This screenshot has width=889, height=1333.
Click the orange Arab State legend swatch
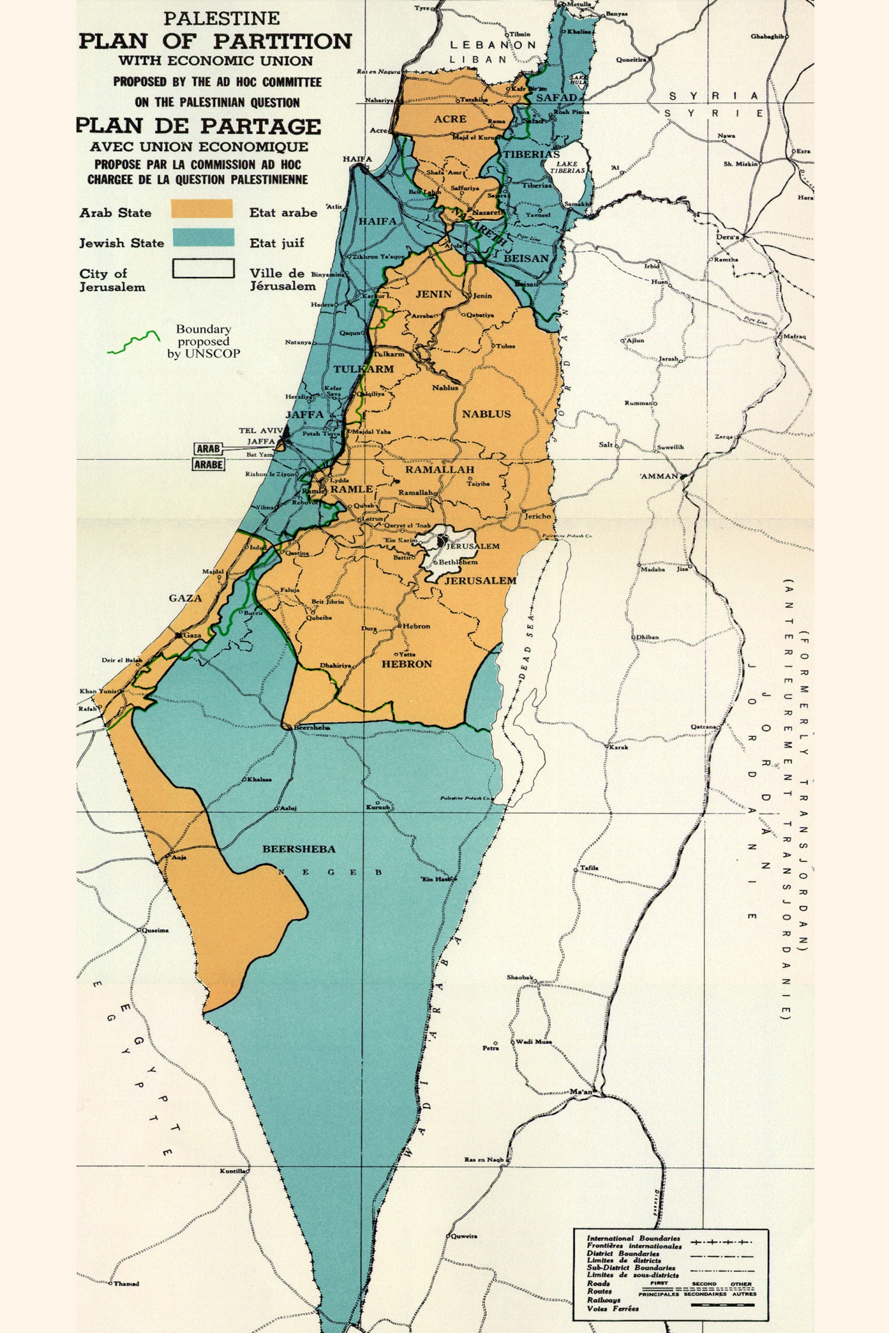(201, 209)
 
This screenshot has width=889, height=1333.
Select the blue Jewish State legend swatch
(203, 238)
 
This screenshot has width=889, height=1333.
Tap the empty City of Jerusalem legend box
(203, 269)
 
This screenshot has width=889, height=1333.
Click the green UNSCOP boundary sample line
(134, 343)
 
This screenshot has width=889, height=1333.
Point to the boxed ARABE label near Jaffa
(209, 465)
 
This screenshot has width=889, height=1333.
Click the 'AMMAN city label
(659, 476)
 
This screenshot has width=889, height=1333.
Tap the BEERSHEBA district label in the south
(299, 849)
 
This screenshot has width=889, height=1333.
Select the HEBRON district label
(406, 664)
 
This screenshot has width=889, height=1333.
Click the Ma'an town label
(581, 1092)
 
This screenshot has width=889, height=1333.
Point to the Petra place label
(490, 1048)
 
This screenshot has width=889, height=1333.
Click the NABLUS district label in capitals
(486, 414)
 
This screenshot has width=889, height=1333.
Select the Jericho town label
(537, 516)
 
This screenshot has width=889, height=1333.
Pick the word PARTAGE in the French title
(260, 127)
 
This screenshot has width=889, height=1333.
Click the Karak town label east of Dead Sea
(619, 747)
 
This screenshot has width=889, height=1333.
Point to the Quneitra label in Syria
(631, 59)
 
